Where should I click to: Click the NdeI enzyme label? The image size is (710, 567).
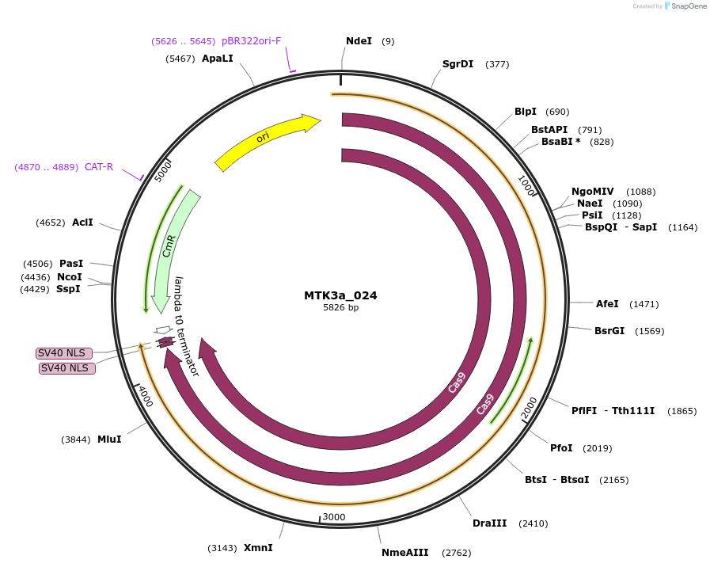point(359,41)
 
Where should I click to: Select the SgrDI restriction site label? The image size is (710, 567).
point(458,64)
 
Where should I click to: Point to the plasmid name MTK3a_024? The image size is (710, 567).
point(340,295)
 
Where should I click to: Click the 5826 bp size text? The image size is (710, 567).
point(340,307)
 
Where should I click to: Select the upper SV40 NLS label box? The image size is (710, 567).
point(64,353)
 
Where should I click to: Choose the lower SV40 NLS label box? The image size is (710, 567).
point(67,368)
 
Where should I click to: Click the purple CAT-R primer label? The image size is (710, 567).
point(99,167)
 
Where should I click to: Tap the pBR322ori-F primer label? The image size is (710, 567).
point(251,41)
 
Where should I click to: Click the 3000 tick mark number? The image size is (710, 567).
point(334,517)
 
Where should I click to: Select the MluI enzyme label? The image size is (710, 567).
point(109,440)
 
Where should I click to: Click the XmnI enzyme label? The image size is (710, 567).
point(258,548)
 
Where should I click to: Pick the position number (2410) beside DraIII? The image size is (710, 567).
point(533,523)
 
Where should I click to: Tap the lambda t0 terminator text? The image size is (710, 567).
point(187,325)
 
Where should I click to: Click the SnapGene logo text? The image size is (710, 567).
point(689,6)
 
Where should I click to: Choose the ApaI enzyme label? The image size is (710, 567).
point(217,59)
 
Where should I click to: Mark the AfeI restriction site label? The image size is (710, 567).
point(607,304)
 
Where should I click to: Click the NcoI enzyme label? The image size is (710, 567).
point(70,277)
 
